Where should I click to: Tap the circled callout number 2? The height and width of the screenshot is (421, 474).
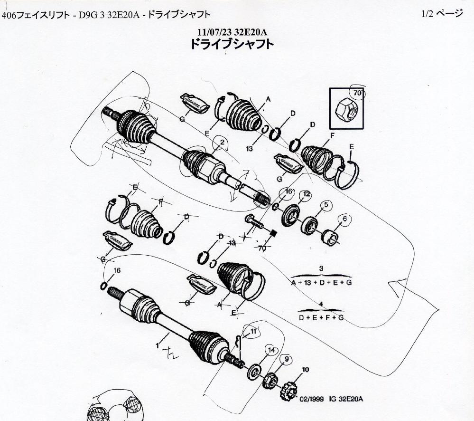point(220,142)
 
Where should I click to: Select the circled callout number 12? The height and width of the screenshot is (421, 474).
point(306,194)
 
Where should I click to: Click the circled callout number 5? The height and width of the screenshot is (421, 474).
point(326,205)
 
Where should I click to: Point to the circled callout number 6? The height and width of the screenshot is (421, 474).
point(344,219)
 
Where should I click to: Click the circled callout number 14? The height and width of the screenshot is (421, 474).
point(271,350)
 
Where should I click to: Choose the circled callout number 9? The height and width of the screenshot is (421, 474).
point(287,359)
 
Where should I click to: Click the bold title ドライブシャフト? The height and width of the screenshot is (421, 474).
point(232,44)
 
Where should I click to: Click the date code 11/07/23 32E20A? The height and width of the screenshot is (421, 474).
point(232,32)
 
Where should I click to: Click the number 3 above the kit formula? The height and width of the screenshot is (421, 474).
point(321,269)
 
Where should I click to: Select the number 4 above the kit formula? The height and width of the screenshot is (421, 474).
point(321,304)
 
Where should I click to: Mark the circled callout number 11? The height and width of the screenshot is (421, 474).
point(253,331)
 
